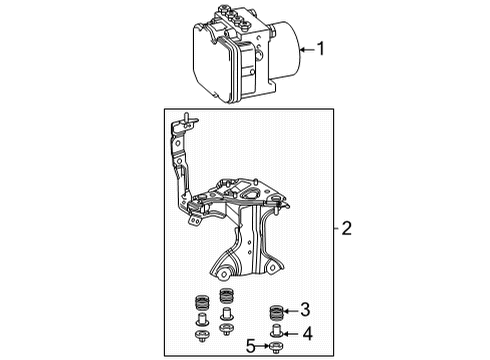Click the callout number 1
click(x=322, y=47)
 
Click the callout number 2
click(x=345, y=257)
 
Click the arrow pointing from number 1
click(x=305, y=47)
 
